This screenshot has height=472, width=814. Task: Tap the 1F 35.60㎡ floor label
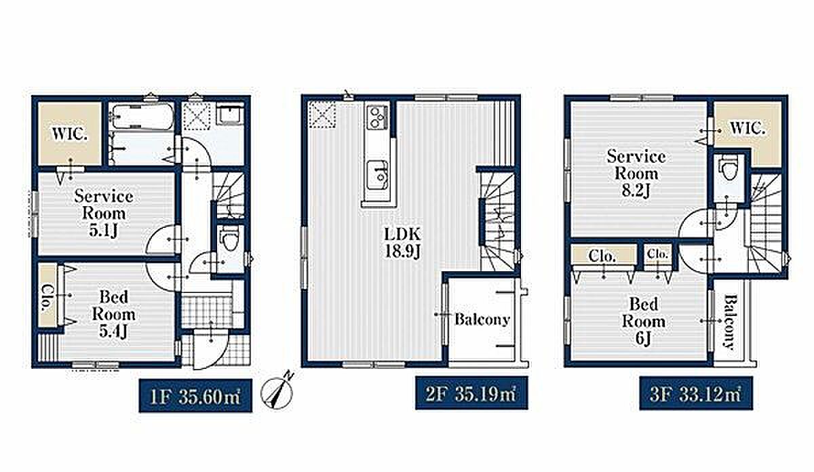[x=195, y=395]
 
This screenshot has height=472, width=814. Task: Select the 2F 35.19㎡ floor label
[x=471, y=393]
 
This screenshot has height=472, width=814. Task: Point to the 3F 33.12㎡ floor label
[x=696, y=393]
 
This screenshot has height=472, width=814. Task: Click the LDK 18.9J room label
[x=403, y=243]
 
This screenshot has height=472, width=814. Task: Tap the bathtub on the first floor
[x=142, y=116]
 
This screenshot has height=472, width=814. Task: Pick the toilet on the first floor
[x=229, y=238]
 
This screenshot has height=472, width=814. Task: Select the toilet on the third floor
[x=729, y=168]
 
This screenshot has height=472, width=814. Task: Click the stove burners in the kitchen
[x=377, y=117]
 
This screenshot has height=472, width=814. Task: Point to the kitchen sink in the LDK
[x=378, y=176]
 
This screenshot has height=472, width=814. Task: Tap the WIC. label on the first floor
[x=70, y=134]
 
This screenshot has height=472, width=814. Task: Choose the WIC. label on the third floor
[x=747, y=128]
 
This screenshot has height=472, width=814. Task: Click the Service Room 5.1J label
[x=104, y=214]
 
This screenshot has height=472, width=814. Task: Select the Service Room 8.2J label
[x=636, y=174]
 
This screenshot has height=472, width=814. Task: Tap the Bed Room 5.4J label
[x=114, y=315]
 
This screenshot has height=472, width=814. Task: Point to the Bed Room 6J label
[x=644, y=321]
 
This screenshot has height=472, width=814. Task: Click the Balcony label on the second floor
[x=482, y=320]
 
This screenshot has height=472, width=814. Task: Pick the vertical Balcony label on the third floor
[x=731, y=322]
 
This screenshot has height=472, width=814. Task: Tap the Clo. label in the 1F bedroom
[x=47, y=298]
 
